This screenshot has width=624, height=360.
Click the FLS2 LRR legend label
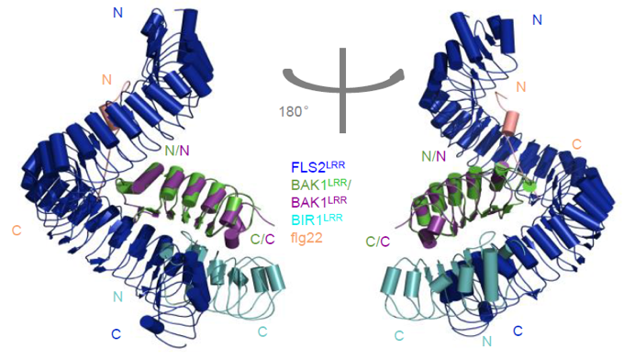[318, 166]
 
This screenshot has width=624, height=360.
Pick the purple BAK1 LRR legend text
[318, 201]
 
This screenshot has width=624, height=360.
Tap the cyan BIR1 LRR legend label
[317, 219]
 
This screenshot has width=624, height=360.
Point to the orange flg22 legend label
[306, 238]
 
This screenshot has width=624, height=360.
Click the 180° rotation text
[294, 111]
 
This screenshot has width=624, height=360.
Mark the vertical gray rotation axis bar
[343, 90]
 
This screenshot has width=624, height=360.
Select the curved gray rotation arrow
[343, 83]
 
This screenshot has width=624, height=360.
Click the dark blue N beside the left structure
[117, 13]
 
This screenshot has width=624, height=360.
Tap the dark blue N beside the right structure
[537, 19]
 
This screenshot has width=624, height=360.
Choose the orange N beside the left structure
[106, 80]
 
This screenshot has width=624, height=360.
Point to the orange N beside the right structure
[521, 86]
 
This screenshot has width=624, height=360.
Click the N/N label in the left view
[177, 150]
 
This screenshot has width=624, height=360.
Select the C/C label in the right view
[378, 242]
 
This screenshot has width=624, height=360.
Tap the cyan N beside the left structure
[117, 297]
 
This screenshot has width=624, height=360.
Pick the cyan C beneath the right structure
[399, 336]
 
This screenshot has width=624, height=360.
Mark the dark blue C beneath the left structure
[116, 333]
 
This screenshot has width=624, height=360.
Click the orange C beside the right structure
[576, 144]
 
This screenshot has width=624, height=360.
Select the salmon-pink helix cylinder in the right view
[510, 123]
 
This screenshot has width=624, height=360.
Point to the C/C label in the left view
[262, 239]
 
